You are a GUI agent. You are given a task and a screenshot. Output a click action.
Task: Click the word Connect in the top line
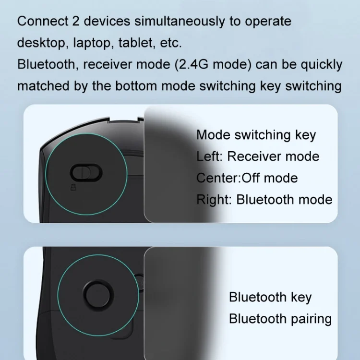[x=43, y=21]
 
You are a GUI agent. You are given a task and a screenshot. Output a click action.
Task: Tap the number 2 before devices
[x=76, y=21]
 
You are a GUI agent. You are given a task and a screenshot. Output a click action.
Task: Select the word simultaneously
[x=180, y=22]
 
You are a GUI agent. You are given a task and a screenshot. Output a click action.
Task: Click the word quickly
[x=322, y=65]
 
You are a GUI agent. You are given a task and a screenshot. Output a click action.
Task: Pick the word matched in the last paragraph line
[x=44, y=86]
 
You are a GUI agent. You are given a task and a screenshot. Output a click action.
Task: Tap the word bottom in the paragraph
[x=136, y=86]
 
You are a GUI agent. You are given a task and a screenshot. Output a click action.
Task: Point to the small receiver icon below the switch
[x=73, y=187]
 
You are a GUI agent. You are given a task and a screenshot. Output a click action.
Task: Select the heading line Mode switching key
[x=256, y=135]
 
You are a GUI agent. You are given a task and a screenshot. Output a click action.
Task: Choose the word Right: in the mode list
[x=214, y=200]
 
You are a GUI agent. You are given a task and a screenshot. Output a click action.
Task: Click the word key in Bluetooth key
[x=301, y=298]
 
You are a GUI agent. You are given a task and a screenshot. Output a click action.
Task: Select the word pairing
[x=312, y=319]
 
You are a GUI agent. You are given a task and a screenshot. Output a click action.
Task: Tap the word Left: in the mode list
[x=210, y=156]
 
